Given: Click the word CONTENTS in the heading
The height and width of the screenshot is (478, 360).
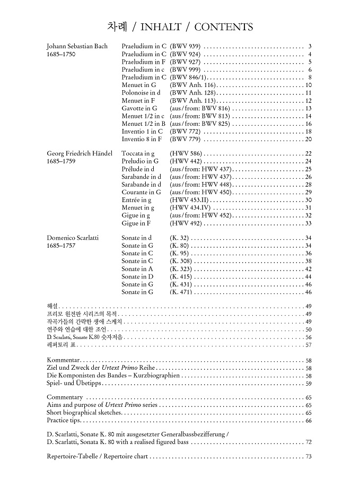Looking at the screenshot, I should pos(224,27).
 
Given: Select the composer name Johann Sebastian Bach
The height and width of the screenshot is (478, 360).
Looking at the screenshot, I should pos(77,46).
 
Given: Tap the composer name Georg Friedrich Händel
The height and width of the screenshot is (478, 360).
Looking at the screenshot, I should pos(80,153).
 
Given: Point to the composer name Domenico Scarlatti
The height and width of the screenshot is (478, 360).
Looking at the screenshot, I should pos(73,238).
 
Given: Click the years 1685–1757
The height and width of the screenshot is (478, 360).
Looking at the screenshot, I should pos(60,246).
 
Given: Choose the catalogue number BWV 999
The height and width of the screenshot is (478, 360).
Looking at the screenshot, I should pos(185,69).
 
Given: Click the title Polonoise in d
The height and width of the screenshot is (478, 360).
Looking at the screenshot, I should pos(141,93).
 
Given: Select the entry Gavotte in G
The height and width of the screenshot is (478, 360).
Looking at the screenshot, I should pos(139,108).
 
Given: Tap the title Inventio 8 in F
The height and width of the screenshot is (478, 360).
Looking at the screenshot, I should pos(142,139).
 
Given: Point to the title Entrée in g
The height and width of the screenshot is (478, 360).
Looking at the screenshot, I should pos(137,200).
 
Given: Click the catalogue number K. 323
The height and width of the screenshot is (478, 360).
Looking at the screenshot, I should pos(180,269).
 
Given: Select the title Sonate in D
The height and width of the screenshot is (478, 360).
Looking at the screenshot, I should pos(137,277).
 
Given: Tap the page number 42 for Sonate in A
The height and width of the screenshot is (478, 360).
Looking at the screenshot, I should pos(308,269).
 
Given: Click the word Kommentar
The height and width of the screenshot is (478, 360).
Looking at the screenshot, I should pos(64,360).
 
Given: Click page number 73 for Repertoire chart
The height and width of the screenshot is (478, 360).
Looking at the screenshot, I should pos(308,457).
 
